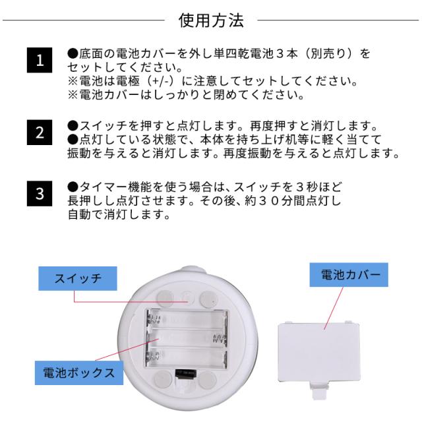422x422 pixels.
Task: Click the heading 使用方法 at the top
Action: pos(211,20)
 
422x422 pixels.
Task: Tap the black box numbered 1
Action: pos(40,60)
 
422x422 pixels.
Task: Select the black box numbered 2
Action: pos(40,133)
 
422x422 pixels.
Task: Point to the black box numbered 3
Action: pos(40,193)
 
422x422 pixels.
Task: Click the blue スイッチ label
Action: pos(78,278)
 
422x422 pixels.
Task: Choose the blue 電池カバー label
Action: pos(349,275)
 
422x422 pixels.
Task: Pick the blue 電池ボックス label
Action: pos(79,373)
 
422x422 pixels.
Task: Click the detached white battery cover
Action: pos(319,353)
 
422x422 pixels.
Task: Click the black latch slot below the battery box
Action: pos(186,374)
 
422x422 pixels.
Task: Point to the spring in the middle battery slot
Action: pos(220,339)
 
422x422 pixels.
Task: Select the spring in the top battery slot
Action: pos(154,320)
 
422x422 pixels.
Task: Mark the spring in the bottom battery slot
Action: pos(153,357)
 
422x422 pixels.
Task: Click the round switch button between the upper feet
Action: pos(187,298)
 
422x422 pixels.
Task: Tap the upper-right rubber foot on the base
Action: pos(209,299)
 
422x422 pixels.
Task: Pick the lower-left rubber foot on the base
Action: pos(163,379)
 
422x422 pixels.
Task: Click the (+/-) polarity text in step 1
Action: pos(162,81)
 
